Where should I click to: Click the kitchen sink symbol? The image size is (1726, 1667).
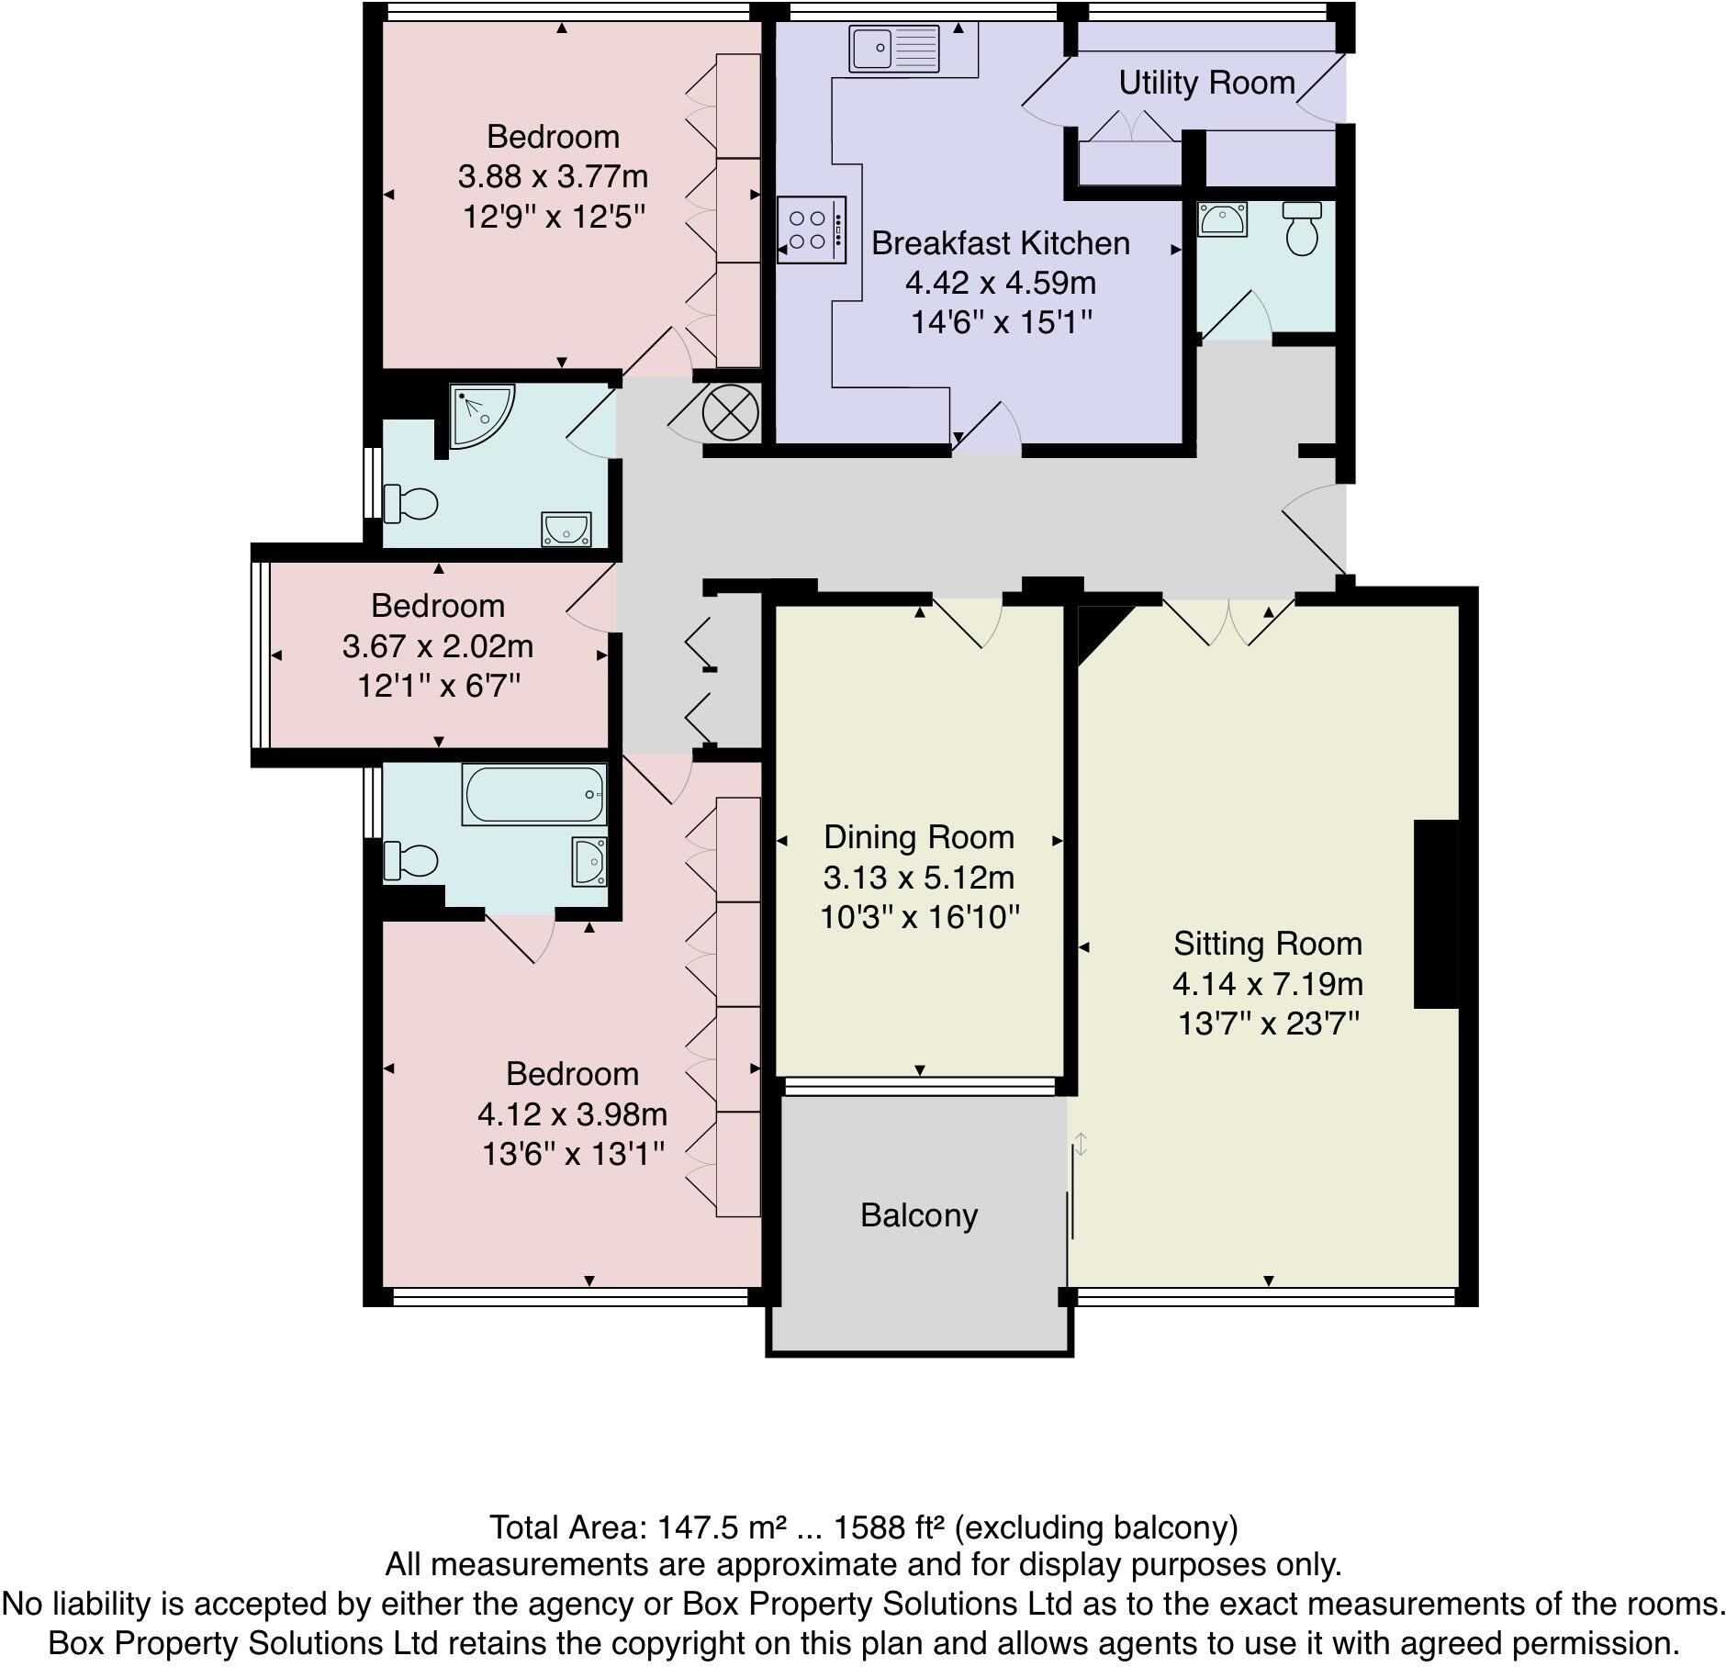click(x=893, y=48)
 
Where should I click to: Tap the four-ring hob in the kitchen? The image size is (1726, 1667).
click(x=811, y=229)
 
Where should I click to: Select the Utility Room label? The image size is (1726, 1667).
click(x=1205, y=83)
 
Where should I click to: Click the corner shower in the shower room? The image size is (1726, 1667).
click(x=480, y=415)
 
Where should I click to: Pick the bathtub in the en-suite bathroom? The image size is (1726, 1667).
click(x=534, y=794)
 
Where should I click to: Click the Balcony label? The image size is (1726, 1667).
click(x=919, y=1215)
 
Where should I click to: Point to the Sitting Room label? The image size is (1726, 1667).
click(x=1267, y=944)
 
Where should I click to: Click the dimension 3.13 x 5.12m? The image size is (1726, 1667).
click(x=918, y=878)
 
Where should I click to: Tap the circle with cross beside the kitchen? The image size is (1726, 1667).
click(x=730, y=412)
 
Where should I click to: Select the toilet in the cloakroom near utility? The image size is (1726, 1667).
click(x=1302, y=228)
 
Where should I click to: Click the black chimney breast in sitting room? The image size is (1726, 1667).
click(x=1436, y=914)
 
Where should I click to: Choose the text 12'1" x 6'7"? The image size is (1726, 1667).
click(x=439, y=686)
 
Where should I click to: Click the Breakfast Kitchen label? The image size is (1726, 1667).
click(x=1000, y=243)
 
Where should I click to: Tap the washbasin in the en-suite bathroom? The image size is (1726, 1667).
click(x=588, y=861)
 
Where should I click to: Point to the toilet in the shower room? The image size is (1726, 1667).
click(x=411, y=503)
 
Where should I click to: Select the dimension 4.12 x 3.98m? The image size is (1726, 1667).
click(x=572, y=1114)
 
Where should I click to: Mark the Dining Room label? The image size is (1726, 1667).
click(x=918, y=837)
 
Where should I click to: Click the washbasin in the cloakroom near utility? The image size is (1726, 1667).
click(x=1221, y=219)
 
